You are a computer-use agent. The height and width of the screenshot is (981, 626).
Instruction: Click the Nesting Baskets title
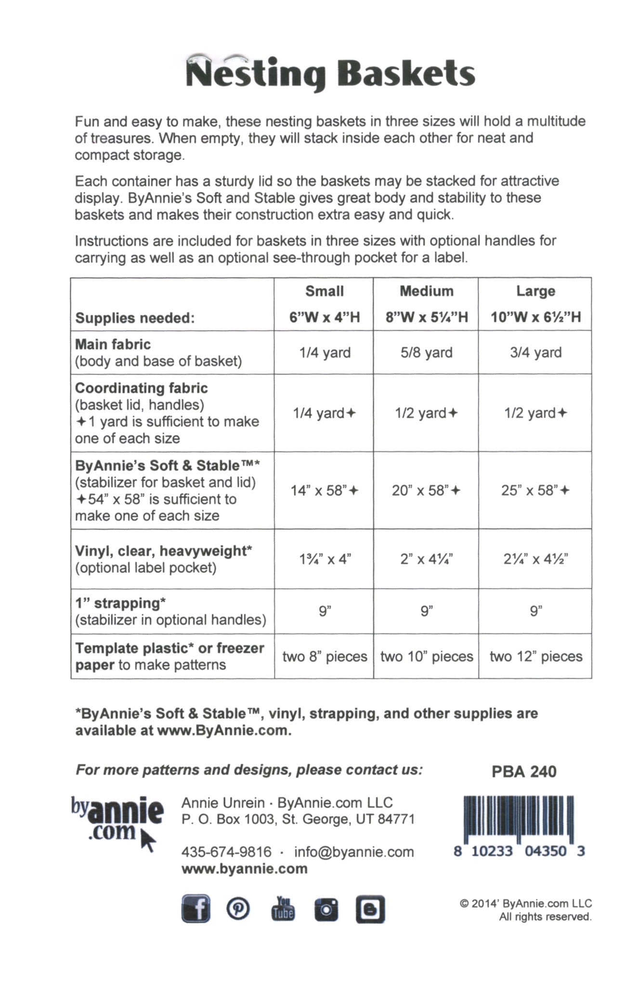tap(330, 73)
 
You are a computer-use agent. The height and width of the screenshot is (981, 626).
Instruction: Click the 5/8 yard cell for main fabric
tap(427, 352)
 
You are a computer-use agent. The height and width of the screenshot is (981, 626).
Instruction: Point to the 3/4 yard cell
tap(535, 352)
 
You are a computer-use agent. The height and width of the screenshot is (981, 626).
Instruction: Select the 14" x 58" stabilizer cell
tap(324, 490)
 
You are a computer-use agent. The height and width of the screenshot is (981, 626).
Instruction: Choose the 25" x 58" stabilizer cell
tap(535, 490)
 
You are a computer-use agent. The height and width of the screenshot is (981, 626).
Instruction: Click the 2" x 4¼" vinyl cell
tap(427, 559)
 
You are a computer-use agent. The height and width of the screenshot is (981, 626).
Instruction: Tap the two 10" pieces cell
tap(427, 657)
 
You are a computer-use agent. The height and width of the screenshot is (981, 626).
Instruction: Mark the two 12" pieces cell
tap(536, 657)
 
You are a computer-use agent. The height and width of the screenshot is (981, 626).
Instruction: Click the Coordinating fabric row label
tap(142, 388)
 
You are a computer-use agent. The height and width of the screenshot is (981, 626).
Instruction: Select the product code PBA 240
tap(524, 772)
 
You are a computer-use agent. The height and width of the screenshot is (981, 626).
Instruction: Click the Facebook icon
tap(196, 909)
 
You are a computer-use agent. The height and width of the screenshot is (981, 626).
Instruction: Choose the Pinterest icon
tap(238, 909)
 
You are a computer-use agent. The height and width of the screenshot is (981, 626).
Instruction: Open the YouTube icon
tap(283, 909)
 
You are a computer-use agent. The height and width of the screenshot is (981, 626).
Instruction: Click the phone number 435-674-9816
tap(226, 852)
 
